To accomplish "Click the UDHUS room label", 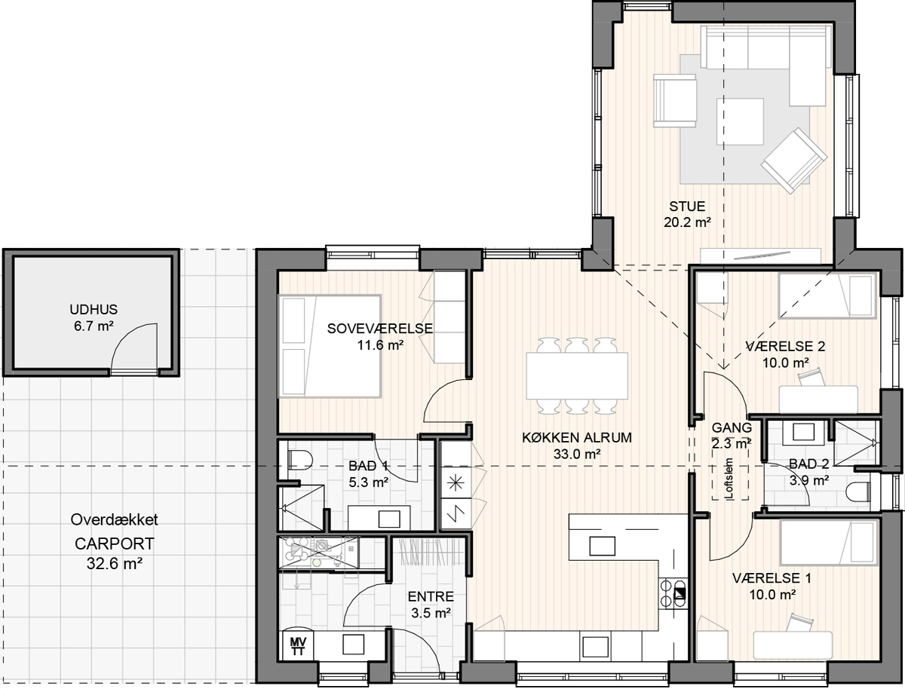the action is tap(94, 310).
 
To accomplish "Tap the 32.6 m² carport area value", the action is tap(115, 563).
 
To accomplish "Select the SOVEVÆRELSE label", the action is tap(380, 329).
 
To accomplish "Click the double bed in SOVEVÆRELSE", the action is tap(330, 346).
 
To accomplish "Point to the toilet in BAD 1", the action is tap(300, 461).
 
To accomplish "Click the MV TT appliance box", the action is tap(297, 646).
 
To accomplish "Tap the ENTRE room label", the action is tap(431, 596).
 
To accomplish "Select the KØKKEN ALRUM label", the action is tap(577, 438).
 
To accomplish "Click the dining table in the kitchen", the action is tap(577, 375).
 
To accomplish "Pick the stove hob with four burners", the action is tap(673, 594).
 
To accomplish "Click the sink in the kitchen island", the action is tap(603, 547).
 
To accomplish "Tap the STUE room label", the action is tap(687, 206).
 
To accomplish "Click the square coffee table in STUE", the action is tap(740, 121).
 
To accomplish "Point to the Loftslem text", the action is tap(729, 479).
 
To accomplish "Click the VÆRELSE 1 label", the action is tap(772, 578).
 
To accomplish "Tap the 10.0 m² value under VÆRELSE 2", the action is tap(785, 363).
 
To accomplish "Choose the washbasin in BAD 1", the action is tap(389, 519).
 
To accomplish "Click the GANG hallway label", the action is tap(732, 427).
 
